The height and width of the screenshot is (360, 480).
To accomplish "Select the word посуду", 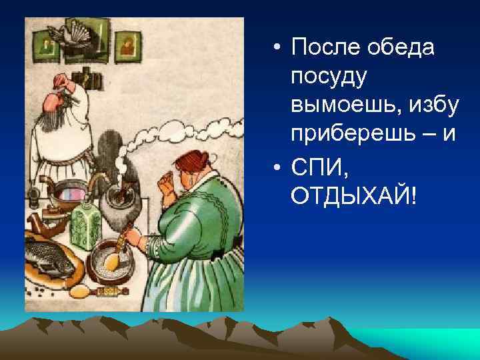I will click(329, 77).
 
